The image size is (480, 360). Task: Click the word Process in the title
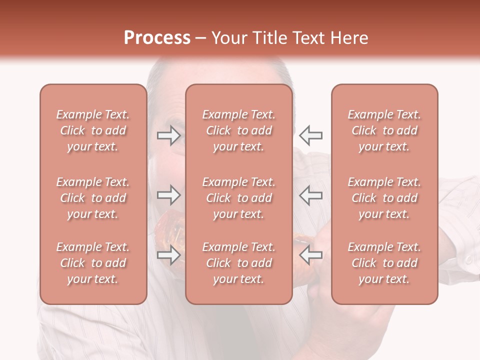tap(157, 37)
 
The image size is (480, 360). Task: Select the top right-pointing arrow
tap(168, 135)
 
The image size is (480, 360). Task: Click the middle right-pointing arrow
tap(168, 195)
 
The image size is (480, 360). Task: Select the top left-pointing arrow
tap(310, 135)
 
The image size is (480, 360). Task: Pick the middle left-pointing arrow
tap(310, 195)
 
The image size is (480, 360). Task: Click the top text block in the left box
tap(93, 130)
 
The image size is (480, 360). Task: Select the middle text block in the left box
tap(93, 198)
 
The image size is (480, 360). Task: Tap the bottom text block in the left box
tap(93, 263)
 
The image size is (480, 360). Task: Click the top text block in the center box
tap(238, 130)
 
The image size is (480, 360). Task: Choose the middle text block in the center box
tap(238, 198)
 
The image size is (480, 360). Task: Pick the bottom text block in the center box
tap(238, 263)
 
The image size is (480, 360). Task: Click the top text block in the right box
tap(384, 130)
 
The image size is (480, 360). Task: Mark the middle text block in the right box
tap(384, 198)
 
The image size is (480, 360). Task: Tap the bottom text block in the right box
tap(384, 263)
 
